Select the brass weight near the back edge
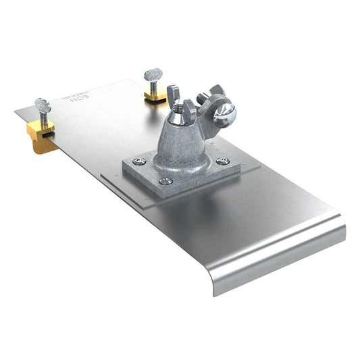pyautogui.click(x=155, y=95)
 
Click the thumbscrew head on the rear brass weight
pyautogui.click(x=152, y=73)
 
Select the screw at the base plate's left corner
pyautogui.click(x=138, y=161)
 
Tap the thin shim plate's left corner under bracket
pyautogui.click(x=101, y=178)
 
